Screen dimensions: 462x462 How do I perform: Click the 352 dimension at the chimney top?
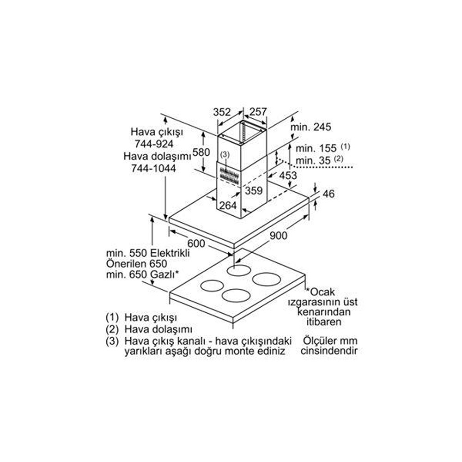coord(222,112)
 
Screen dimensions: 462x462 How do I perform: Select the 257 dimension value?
coord(258,112)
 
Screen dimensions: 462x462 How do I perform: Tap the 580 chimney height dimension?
coord(201,152)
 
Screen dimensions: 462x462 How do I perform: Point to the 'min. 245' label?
coord(310,127)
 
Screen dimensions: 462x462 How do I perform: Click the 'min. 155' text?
coord(316,148)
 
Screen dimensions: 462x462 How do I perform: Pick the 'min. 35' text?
coord(313,161)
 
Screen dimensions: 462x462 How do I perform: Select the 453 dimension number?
coord(288,176)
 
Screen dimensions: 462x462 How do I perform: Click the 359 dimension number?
coord(254,191)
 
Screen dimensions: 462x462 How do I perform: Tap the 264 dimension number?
coord(228,206)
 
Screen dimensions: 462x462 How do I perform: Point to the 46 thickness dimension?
coord(329,194)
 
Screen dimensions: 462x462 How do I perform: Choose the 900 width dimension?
coord(279,236)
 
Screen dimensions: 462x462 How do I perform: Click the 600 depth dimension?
coord(196,243)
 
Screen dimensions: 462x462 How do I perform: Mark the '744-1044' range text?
coord(153,168)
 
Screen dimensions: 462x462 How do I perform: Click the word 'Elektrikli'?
coord(170,253)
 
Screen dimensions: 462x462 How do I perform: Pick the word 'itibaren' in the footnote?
coord(324,322)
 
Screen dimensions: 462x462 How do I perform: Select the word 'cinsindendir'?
coord(329,351)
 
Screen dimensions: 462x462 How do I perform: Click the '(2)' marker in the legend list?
coord(112,329)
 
